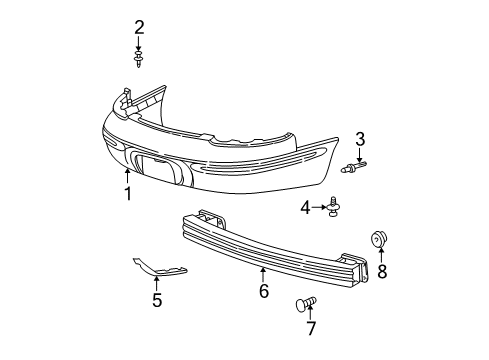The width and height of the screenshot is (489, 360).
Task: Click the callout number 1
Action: point(128,194)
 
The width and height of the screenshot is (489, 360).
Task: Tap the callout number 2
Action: point(140,26)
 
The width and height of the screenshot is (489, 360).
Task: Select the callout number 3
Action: point(359,139)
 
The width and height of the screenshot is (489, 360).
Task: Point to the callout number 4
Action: point(305,207)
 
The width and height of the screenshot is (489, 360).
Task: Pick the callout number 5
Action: point(157,299)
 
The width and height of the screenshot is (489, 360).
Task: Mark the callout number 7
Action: point(311,328)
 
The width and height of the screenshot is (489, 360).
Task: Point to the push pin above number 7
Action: point(306,303)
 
